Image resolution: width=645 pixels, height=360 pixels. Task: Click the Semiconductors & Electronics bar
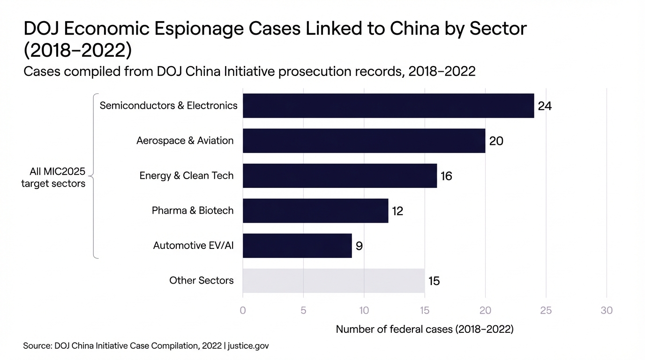click(388, 105)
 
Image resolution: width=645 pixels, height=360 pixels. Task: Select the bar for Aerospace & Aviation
click(364, 141)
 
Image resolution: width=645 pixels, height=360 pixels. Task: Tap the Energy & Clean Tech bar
click(339, 176)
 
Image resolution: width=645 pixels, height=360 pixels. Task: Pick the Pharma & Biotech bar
click(315, 210)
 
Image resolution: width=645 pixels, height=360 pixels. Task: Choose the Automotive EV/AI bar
click(297, 246)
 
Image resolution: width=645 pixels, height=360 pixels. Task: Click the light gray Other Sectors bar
click(333, 281)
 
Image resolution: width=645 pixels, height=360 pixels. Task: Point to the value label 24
click(545, 106)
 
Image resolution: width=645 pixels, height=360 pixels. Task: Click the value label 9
click(359, 246)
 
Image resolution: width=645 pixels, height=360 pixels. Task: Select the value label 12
click(397, 211)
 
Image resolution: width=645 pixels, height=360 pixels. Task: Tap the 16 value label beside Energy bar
click(446, 176)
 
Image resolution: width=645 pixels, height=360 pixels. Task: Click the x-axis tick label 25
click(546, 310)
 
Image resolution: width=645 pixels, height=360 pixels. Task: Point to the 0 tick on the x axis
click(243, 310)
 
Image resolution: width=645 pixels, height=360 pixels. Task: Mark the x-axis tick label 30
click(607, 310)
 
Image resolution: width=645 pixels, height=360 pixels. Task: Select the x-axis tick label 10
click(364, 310)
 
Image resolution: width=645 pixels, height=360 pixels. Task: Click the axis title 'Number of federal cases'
click(425, 330)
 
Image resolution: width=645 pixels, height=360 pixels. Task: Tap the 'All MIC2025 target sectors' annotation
click(53, 178)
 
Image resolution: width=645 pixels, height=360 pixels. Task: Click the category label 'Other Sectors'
click(202, 281)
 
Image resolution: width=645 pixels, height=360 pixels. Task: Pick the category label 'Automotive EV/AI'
click(193, 246)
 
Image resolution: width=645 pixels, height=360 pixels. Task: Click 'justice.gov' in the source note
click(248, 346)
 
